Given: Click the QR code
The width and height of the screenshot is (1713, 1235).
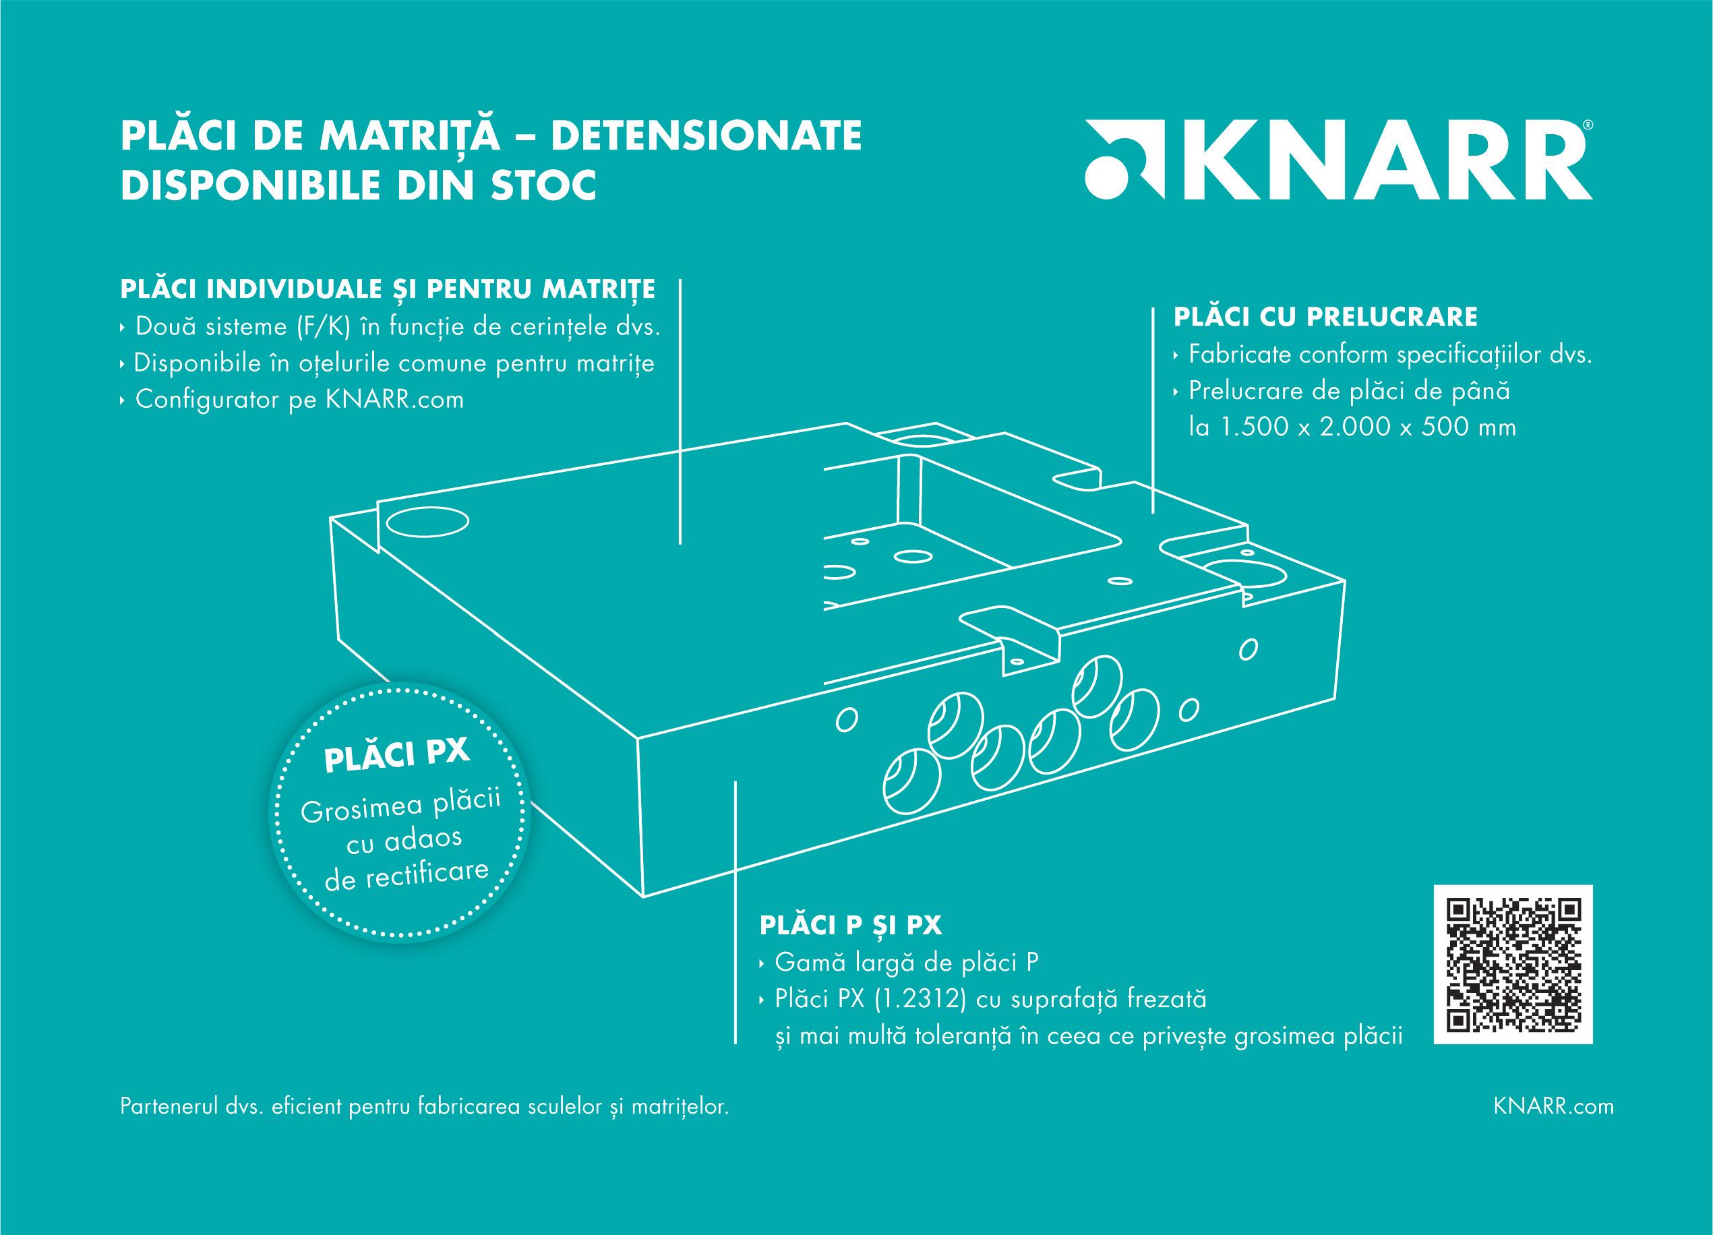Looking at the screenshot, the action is [x=1513, y=965].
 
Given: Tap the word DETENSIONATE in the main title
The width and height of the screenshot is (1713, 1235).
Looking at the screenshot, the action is [x=707, y=136].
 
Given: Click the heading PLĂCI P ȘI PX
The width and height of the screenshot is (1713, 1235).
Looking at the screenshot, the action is [x=851, y=926].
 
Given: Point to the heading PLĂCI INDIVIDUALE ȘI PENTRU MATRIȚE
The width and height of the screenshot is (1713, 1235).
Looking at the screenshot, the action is [x=388, y=289].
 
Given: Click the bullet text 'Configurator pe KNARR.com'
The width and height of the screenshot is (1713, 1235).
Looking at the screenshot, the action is [x=299, y=400].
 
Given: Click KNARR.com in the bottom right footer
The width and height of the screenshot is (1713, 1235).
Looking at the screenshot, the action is [x=1554, y=1107].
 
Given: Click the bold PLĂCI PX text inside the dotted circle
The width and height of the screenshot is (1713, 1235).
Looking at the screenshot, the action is [x=397, y=754].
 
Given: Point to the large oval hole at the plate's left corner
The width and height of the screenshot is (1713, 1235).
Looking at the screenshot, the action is [x=427, y=521].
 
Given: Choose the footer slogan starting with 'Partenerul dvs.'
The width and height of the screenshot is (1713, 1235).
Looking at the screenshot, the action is [x=425, y=1108].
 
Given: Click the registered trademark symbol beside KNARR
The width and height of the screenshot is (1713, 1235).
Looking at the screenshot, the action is [x=1587, y=125].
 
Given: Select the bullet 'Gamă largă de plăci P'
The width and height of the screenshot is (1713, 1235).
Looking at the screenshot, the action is [x=906, y=963].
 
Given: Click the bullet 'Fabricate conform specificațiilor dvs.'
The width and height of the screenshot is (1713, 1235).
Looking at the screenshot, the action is [x=1389, y=355].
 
